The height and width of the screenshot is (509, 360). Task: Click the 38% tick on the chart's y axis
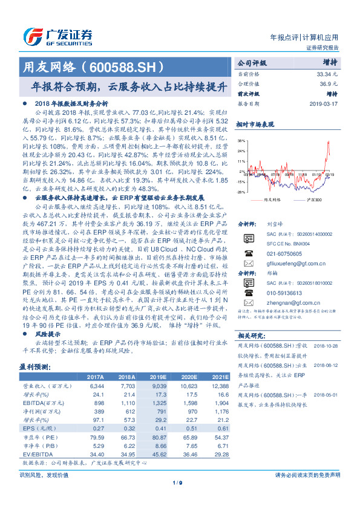pos(241,140)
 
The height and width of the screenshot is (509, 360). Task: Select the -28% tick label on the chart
pos(240,192)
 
